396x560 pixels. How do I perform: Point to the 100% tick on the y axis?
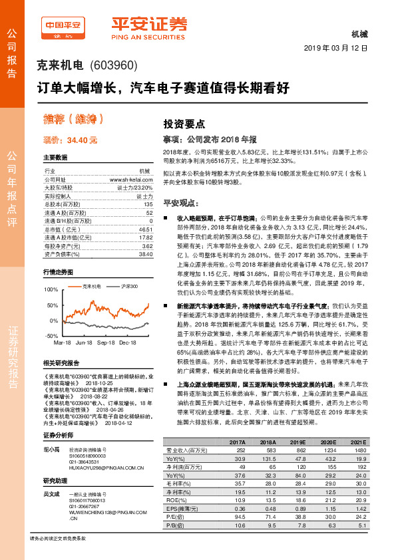(x=51, y=291)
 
